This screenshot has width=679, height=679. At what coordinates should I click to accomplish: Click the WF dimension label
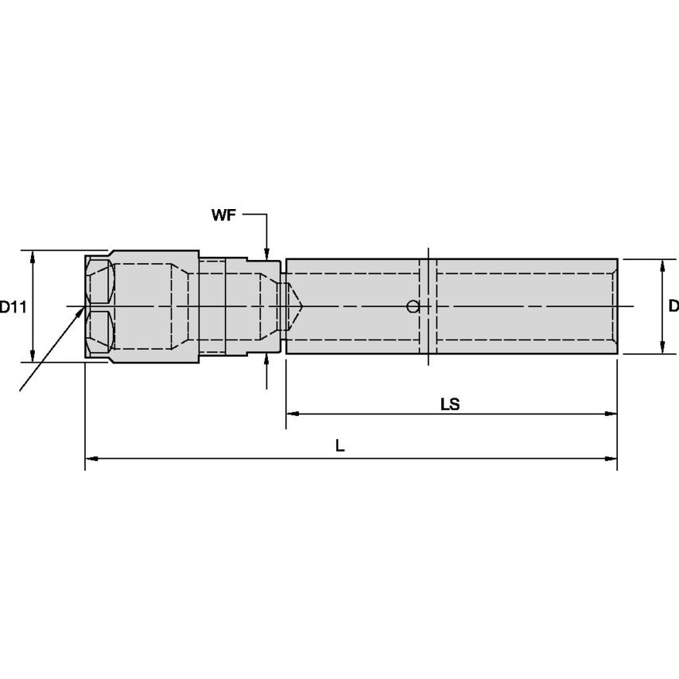click(x=223, y=215)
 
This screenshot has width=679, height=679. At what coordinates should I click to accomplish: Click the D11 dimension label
click(x=13, y=307)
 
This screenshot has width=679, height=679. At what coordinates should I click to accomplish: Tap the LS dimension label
click(x=450, y=405)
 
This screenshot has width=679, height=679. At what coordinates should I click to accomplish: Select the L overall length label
click(x=340, y=445)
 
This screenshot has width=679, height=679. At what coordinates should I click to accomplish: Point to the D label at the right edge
click(x=673, y=306)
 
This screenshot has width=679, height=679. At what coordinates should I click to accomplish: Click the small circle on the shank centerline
click(x=413, y=307)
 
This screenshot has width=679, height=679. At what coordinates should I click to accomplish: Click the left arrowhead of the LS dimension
click(x=293, y=413)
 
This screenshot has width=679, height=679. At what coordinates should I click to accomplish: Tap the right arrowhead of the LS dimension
click(x=611, y=413)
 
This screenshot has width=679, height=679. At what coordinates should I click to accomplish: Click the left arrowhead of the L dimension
click(x=91, y=458)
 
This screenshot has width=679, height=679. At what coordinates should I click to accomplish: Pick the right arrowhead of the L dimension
click(x=611, y=458)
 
